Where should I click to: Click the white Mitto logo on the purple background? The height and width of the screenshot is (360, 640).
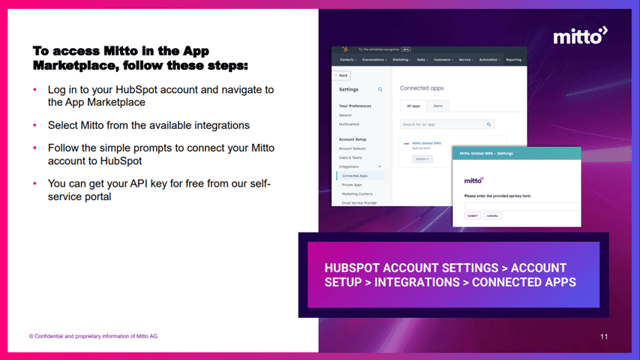[580, 37]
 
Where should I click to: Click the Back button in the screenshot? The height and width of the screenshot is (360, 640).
[344, 75]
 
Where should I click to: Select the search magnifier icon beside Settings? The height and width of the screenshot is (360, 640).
[380, 89]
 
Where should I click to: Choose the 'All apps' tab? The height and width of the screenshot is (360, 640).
[411, 105]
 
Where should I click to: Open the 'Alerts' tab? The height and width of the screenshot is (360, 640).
[438, 105]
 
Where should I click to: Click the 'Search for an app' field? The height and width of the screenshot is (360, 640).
[445, 124]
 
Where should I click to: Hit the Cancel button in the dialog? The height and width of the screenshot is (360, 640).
[491, 215]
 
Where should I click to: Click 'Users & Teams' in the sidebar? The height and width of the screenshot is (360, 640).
[351, 157]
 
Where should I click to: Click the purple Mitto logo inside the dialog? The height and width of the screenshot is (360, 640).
[474, 181]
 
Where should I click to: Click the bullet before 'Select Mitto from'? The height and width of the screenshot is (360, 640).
[37, 126]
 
